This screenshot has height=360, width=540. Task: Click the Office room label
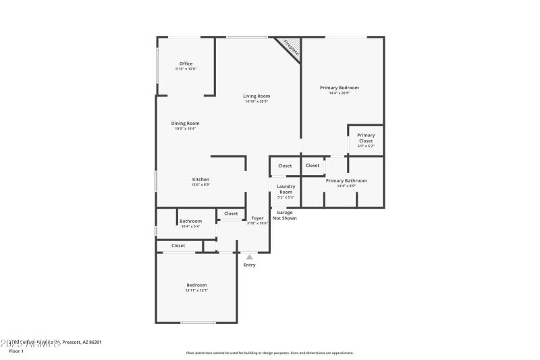point(186,64)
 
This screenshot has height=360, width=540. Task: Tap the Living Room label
point(256,97)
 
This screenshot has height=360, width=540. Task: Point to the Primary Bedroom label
point(339,88)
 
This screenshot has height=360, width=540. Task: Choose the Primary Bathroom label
point(346,181)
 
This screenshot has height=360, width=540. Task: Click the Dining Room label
point(185,124)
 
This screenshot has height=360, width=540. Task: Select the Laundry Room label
point(286,188)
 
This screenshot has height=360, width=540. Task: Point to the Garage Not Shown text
point(284,215)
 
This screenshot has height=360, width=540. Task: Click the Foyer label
point(257,218)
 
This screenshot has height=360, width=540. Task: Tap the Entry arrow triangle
point(250,257)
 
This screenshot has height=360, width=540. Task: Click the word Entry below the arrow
point(250,265)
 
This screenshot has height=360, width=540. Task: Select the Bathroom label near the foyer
point(190,222)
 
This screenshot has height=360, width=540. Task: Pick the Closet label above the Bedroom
point(178,246)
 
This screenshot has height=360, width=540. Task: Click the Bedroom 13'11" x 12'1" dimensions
point(196,290)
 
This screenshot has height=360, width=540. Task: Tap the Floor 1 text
point(16,351)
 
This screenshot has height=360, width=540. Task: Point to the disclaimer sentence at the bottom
point(269,353)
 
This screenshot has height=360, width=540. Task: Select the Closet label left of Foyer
point(231,213)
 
